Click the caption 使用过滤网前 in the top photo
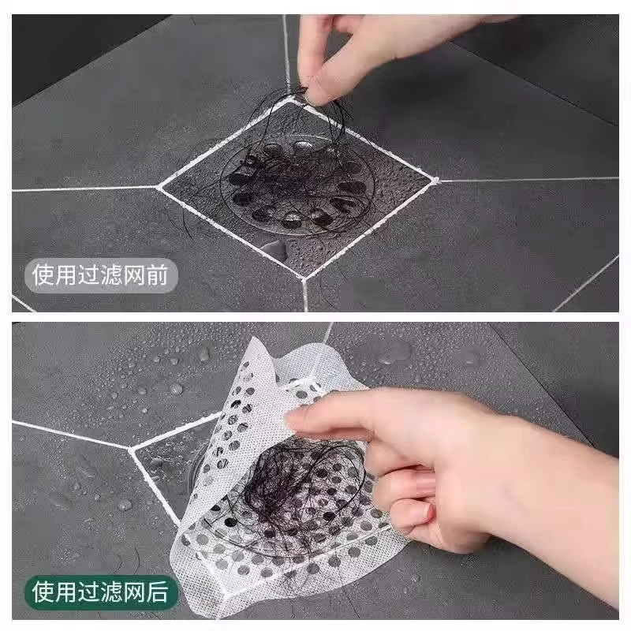101,276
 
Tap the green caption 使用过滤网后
100,591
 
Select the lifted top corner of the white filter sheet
256,345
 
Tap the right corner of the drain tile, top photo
435,180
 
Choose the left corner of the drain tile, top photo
159,187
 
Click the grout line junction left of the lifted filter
132,448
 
